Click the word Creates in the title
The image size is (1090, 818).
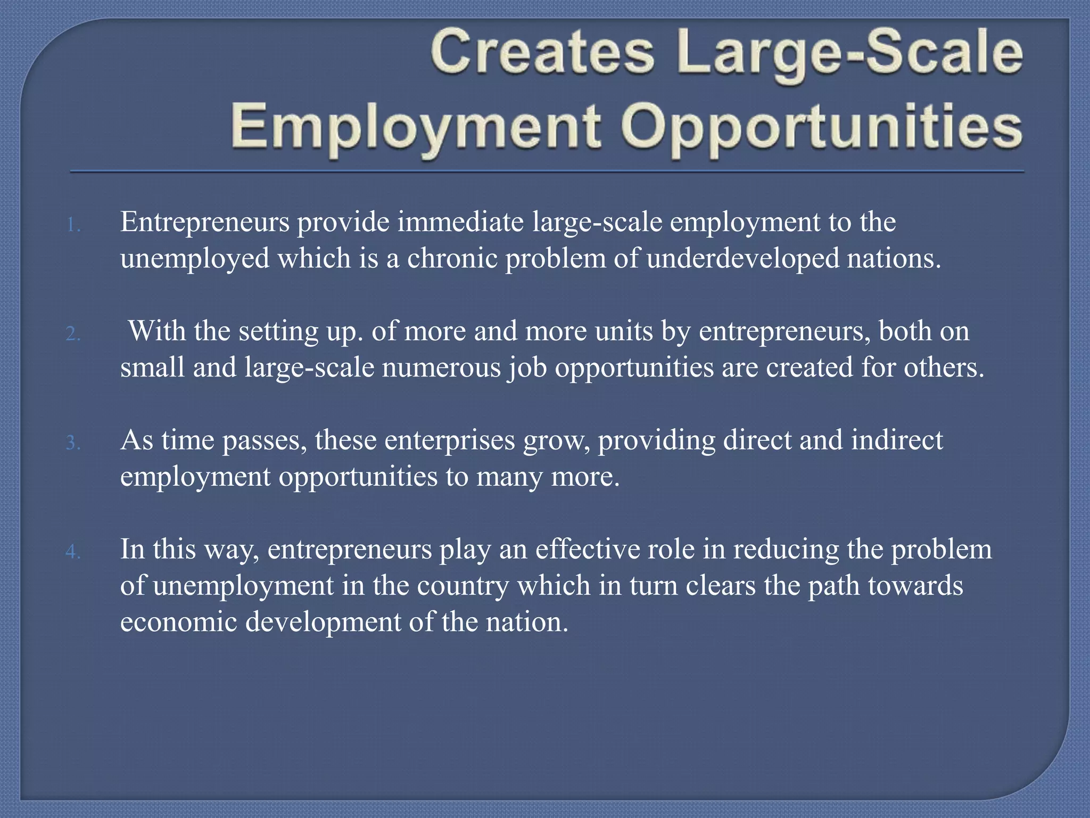pyautogui.click(x=542, y=53)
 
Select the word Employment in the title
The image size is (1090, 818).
pyautogui.click(x=416, y=128)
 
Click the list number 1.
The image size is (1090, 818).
pyautogui.click(x=73, y=226)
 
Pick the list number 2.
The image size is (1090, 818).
pyautogui.click(x=73, y=334)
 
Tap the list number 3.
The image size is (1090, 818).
pyautogui.click(x=73, y=443)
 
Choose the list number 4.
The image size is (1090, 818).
pyautogui.click(x=73, y=552)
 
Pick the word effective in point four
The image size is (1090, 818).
pyautogui.click(x=584, y=549)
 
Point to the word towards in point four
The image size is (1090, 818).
pyautogui.click(x=915, y=586)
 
